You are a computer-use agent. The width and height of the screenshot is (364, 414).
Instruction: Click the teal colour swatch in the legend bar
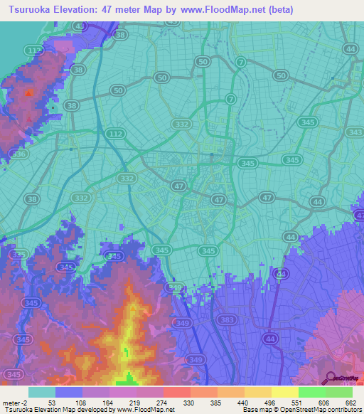41,392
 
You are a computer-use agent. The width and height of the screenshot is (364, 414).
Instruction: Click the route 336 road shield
19,154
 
